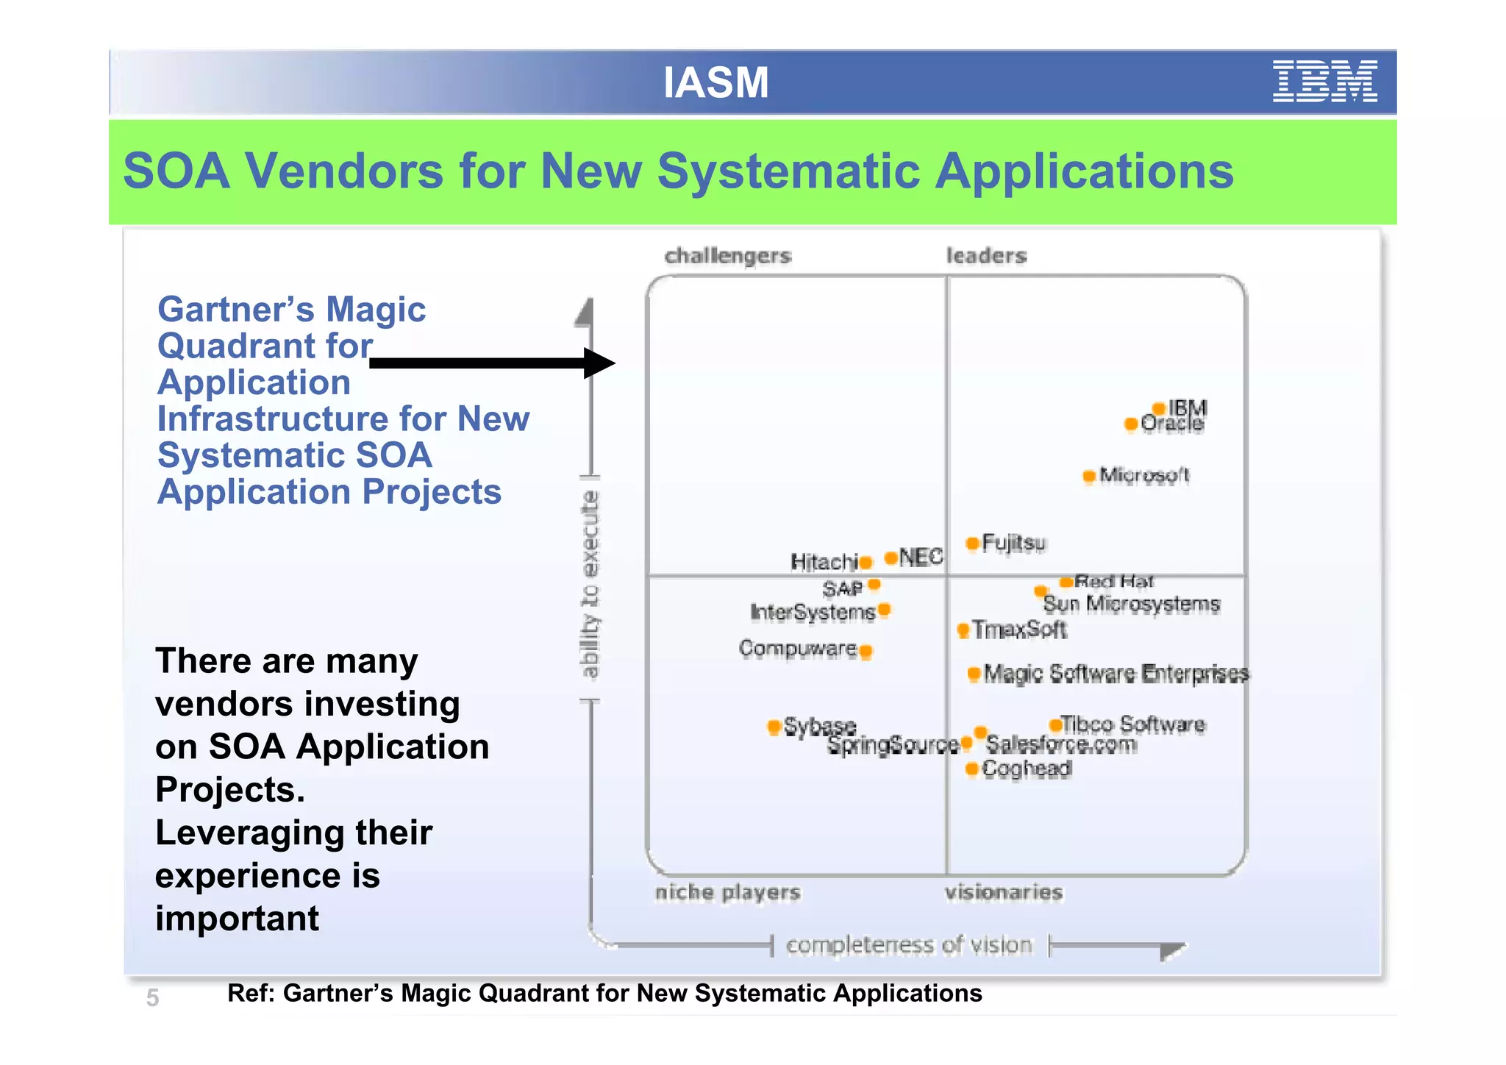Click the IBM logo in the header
tap(1324, 82)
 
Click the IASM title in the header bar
tap(715, 82)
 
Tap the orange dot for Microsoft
tap(1089, 476)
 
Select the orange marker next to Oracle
tap(1131, 424)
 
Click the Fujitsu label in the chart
tap(1013, 543)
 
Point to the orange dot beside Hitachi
tap(866, 563)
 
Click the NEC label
tap(920, 557)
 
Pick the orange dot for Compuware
tap(866, 651)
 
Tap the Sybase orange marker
tap(774, 727)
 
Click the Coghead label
tap(1027, 769)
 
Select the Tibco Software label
tap(1132, 724)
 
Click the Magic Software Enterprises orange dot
tap(974, 673)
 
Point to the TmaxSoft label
tap(1019, 630)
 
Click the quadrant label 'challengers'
tap(727, 256)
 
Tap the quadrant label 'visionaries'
tap(1003, 892)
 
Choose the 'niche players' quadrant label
tap(727, 892)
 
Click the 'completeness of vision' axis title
tap(909, 944)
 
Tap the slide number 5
tap(152, 998)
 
